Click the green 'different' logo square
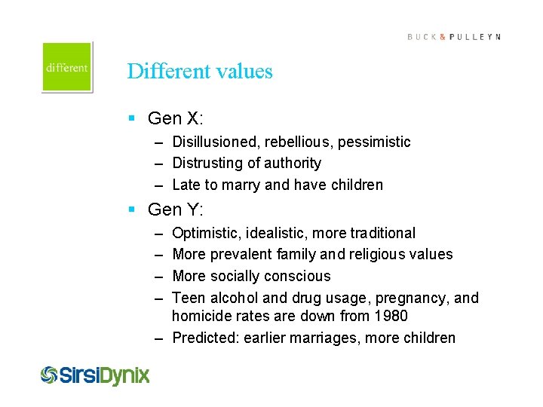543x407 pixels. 67,67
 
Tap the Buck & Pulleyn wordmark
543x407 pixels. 453,37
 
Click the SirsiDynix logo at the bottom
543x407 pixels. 95,375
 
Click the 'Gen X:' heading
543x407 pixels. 176,118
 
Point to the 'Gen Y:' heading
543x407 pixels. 176,210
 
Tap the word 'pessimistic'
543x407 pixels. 375,142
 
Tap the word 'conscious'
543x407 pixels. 294,276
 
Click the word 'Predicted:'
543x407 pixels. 205,338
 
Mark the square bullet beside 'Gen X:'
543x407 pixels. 131,118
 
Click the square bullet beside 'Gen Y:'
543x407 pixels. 131,210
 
